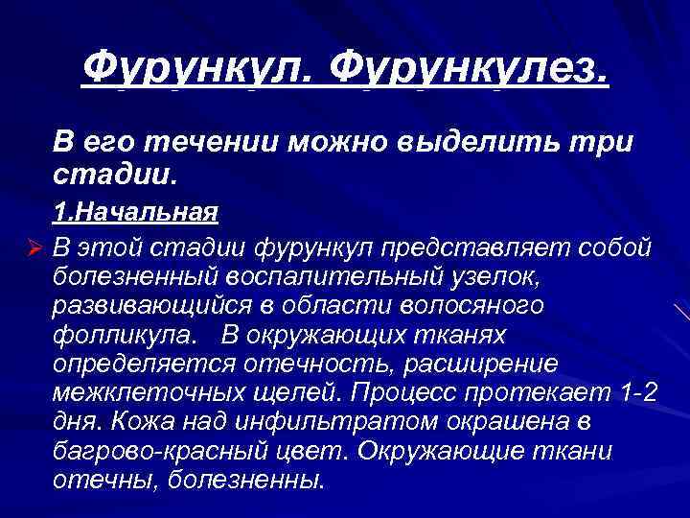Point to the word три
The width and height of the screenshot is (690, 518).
click(605, 142)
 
